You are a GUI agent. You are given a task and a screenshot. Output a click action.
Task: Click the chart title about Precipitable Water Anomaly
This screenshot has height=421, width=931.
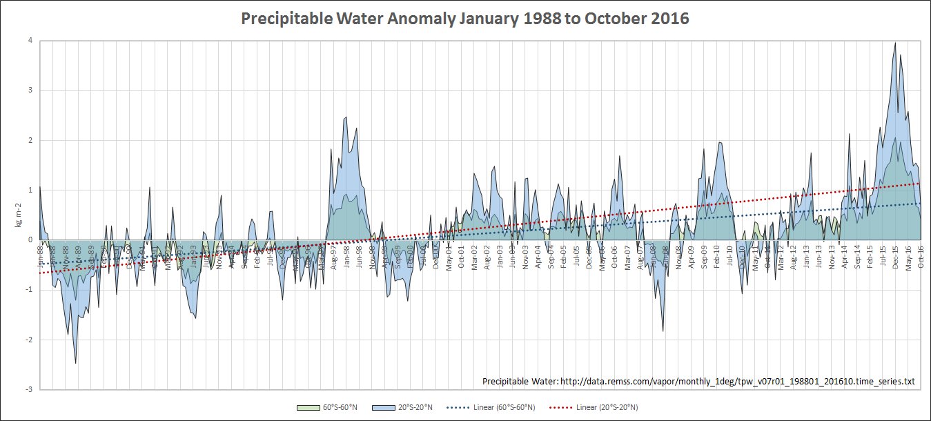pos(465,19)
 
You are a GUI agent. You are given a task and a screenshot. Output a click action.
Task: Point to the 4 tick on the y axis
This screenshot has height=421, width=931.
pos(30,40)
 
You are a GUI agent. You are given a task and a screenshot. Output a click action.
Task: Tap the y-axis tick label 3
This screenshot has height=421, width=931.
pos(30,90)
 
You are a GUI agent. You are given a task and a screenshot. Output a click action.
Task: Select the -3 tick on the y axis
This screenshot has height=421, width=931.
pos(28,390)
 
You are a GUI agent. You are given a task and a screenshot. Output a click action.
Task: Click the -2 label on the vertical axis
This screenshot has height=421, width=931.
pos(28,340)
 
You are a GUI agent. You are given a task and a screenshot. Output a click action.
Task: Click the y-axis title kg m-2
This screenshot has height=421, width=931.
pos(19,215)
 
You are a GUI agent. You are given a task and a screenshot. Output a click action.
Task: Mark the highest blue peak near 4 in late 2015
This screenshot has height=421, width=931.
pos(895,43)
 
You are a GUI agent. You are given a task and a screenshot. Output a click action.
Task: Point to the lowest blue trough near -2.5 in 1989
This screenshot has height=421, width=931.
pos(75,363)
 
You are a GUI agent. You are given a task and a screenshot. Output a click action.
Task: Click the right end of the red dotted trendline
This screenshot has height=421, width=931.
pos(921,183)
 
